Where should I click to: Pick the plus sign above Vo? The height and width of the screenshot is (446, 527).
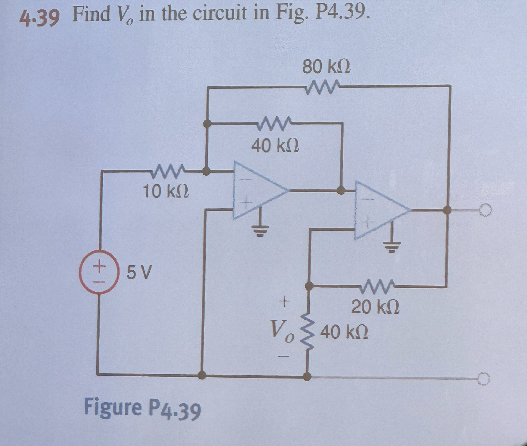(284, 301)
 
